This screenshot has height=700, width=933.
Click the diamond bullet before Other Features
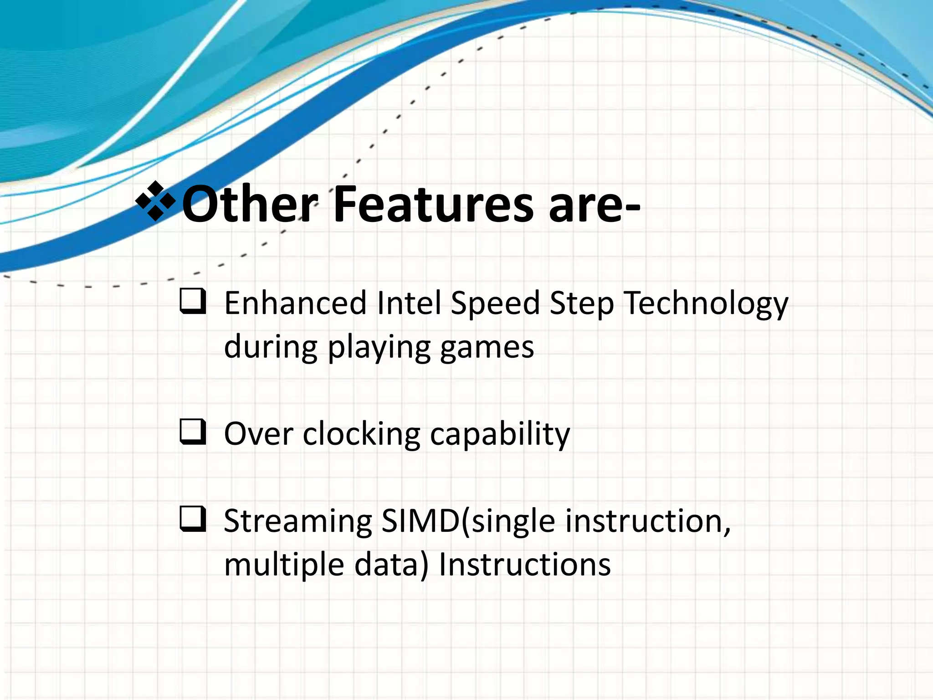[156, 201]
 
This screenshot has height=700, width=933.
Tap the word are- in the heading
[595, 206]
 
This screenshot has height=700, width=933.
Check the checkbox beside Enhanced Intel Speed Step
[193, 302]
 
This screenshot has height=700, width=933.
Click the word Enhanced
[295, 303]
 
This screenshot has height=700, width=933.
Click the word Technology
[706, 304]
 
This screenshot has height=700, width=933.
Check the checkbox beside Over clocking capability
[193, 432]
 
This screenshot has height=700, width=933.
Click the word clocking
[361, 434]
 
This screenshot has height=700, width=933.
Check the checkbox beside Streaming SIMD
[193, 519]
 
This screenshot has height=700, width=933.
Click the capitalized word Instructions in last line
[524, 564]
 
